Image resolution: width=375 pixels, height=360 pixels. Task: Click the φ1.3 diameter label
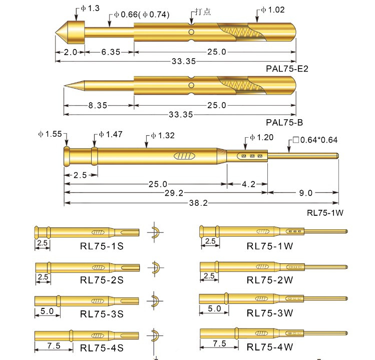[90, 9]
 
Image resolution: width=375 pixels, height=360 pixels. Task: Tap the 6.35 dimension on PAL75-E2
[111, 52]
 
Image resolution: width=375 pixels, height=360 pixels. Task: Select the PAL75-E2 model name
[287, 69]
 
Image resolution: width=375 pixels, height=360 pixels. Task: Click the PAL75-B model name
[284, 123]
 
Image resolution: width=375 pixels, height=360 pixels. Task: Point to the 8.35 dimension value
[98, 105]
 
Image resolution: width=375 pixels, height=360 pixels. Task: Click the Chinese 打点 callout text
[203, 12]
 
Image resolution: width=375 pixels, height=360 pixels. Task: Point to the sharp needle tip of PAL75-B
[65, 86]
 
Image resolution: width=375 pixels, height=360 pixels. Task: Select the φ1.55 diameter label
[50, 134]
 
